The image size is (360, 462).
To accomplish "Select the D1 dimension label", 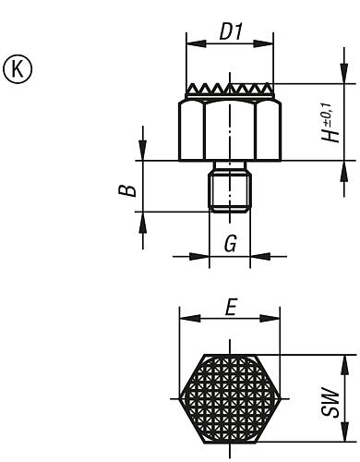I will point(230,31).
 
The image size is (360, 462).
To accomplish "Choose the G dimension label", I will point(231,246).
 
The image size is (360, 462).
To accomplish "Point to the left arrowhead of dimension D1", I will point(190,43).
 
